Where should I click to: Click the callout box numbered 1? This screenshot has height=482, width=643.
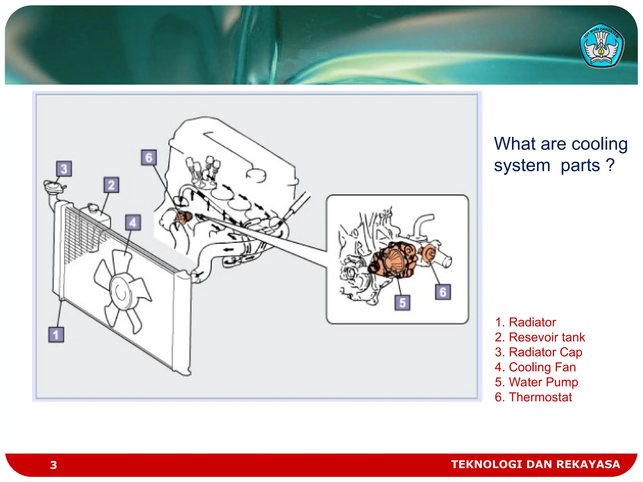coord(56,335)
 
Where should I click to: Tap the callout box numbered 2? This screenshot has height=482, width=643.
coord(111,185)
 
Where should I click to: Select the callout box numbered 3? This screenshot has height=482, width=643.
coord(64,169)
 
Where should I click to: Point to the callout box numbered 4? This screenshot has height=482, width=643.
coord(133,223)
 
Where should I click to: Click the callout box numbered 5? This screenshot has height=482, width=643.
coord(402,303)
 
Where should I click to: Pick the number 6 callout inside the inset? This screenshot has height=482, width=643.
coord(443,292)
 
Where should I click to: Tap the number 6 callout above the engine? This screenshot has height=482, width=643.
coord(149,158)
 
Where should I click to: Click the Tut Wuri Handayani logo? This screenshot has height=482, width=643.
coord(601,46)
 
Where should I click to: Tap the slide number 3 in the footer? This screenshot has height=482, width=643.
coord(53,465)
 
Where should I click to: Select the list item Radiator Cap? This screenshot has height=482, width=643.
coord(538,352)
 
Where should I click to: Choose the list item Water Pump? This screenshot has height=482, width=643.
coord(536,382)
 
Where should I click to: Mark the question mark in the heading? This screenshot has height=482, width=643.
coord(610,165)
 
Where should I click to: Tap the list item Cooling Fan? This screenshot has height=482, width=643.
coord(535,367)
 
